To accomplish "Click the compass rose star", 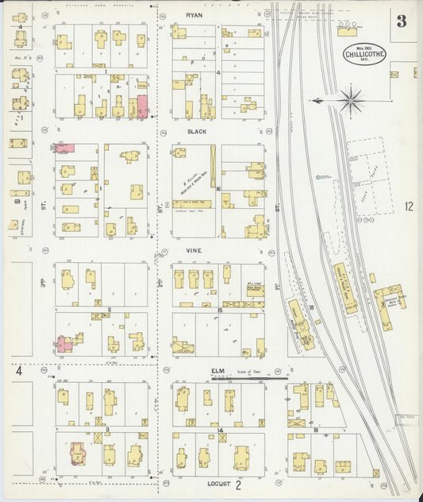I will (352, 101).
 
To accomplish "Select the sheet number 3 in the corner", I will (402, 21).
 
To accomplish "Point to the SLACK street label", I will (196, 132).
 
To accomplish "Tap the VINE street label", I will (194, 250).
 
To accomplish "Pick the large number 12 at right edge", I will (408, 207).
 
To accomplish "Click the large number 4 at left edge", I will (19, 371).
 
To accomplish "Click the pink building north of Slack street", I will (143, 106).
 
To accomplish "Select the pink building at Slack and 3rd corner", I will (64, 148).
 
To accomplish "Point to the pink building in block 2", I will (64, 343).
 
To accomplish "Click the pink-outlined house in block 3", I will (78, 453).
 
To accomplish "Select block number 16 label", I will (216, 189).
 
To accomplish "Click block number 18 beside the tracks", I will (312, 307).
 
